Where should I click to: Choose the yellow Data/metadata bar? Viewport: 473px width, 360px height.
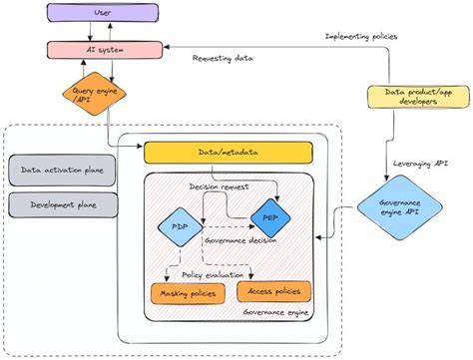pyautogui.click(x=229, y=153)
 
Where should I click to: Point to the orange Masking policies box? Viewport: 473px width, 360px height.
pyautogui.click(x=188, y=294)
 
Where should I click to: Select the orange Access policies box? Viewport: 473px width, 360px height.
pyautogui.click(x=273, y=291)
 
